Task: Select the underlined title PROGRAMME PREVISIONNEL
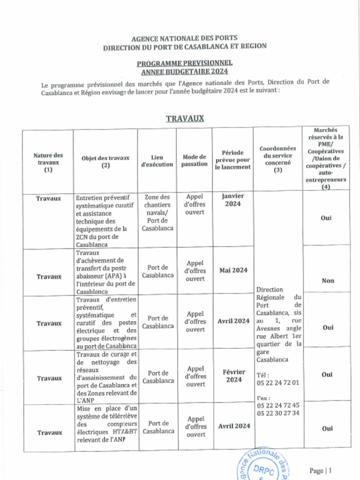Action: (x=184, y=63)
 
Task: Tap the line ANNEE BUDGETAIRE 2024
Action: (x=184, y=72)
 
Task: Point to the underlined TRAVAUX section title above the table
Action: (x=185, y=118)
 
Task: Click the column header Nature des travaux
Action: (x=48, y=163)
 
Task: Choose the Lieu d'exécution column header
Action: (x=157, y=161)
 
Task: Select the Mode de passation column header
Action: (x=194, y=161)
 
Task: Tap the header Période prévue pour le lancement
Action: (x=232, y=160)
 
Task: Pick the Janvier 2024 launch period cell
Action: (x=233, y=200)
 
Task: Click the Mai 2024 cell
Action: (x=233, y=270)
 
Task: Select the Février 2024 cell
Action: (x=233, y=376)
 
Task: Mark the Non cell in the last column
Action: (x=328, y=281)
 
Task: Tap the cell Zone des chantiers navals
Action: (x=157, y=213)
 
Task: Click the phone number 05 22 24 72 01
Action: (x=277, y=383)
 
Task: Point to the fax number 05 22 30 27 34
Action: (x=277, y=413)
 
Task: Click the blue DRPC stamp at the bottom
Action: (x=265, y=466)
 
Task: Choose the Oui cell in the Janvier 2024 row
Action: (x=326, y=218)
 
